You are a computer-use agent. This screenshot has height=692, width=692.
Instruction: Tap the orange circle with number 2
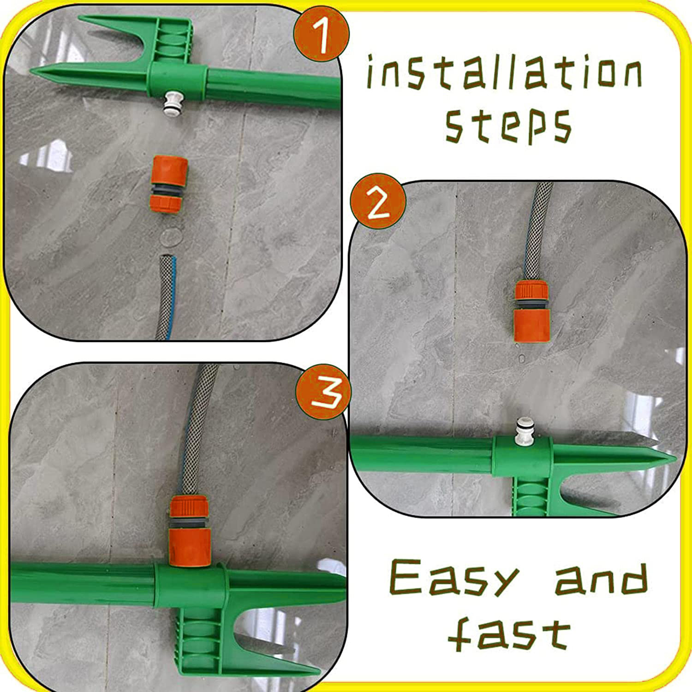[378, 201]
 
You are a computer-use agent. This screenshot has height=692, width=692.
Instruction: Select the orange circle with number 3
[323, 392]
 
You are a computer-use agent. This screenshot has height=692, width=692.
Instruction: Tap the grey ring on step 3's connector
[190, 523]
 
